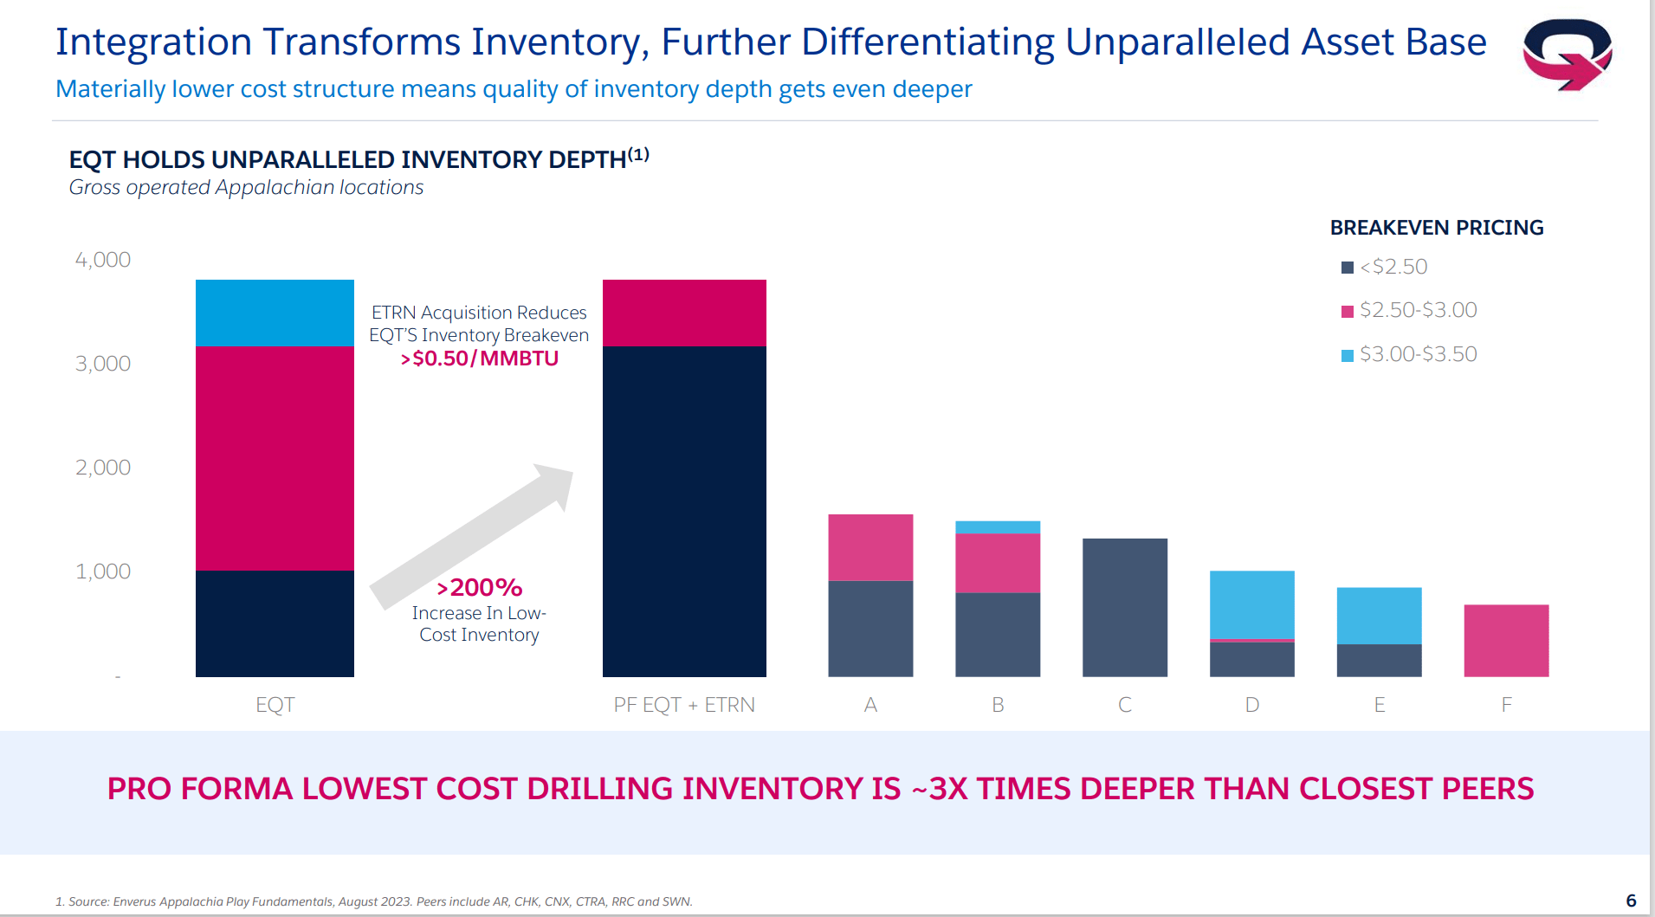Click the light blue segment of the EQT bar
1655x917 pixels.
pyautogui.click(x=275, y=313)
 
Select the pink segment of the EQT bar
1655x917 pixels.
pyautogui.click(x=275, y=458)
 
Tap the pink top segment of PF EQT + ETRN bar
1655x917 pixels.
pyautogui.click(x=684, y=313)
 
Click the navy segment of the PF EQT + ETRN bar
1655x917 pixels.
pyautogui.click(x=684, y=511)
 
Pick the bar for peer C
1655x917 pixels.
pyautogui.click(x=1124, y=607)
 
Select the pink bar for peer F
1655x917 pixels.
pyautogui.click(x=1506, y=640)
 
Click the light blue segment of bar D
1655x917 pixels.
pyautogui.click(x=1251, y=604)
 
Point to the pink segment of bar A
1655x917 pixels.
pyautogui.click(x=870, y=547)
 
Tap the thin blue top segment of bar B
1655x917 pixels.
pyautogui.click(x=997, y=526)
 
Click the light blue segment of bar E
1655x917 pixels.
pyautogui.click(x=1379, y=615)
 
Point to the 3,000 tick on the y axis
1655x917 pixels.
pyautogui.click(x=103, y=364)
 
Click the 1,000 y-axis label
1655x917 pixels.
pyautogui.click(x=103, y=572)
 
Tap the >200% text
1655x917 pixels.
pyautogui.click(x=479, y=588)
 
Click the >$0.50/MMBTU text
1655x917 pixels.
pyautogui.click(x=479, y=358)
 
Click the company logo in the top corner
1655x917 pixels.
pyautogui.click(x=1567, y=54)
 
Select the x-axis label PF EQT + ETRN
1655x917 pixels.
pyautogui.click(x=684, y=705)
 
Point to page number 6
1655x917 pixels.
pyautogui.click(x=1631, y=901)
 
